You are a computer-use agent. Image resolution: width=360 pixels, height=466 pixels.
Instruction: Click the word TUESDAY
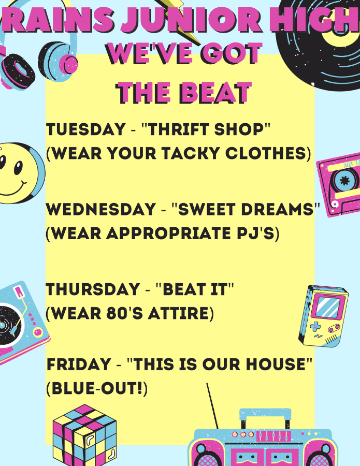(x=85, y=129)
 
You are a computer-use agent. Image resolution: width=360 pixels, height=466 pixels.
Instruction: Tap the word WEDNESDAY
(x=101, y=209)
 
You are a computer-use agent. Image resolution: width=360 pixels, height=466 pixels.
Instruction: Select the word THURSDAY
(x=93, y=289)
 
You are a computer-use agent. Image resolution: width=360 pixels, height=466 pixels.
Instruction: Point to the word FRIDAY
(x=79, y=365)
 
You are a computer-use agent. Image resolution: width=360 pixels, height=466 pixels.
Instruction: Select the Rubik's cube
(x=84, y=435)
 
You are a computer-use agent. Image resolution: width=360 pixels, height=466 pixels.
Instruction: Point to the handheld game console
(x=324, y=316)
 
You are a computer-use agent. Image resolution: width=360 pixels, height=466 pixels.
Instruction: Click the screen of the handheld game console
(x=327, y=307)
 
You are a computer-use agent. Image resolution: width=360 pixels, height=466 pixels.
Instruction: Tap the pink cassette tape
(x=339, y=185)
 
